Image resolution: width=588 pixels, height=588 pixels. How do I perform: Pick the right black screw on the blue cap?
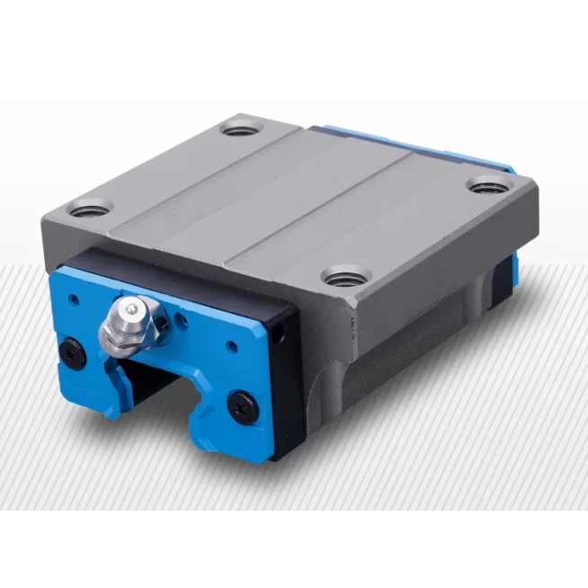click(x=240, y=401)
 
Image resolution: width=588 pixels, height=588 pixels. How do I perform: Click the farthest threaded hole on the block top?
click(x=239, y=129)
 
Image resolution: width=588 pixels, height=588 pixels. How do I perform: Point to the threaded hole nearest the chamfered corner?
click(x=343, y=277)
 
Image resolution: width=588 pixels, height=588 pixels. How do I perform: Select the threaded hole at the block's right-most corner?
click(x=485, y=189)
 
